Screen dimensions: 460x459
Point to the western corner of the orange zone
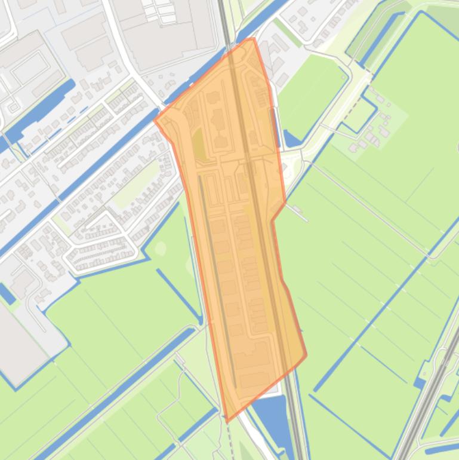155,119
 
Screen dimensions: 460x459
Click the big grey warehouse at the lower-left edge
21,341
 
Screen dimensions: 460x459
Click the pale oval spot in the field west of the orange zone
160,248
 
